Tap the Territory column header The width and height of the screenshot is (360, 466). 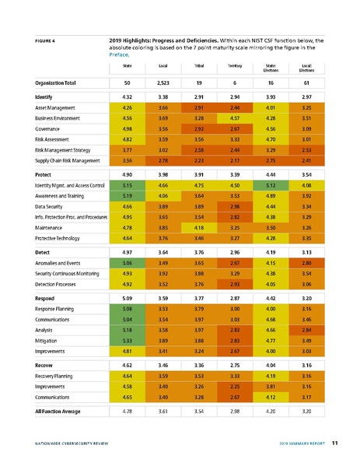tap(233, 68)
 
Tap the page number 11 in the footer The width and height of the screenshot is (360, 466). tap(334, 443)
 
